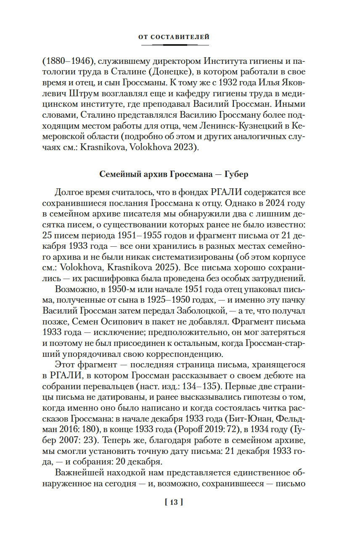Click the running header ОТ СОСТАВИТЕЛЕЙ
174,37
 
